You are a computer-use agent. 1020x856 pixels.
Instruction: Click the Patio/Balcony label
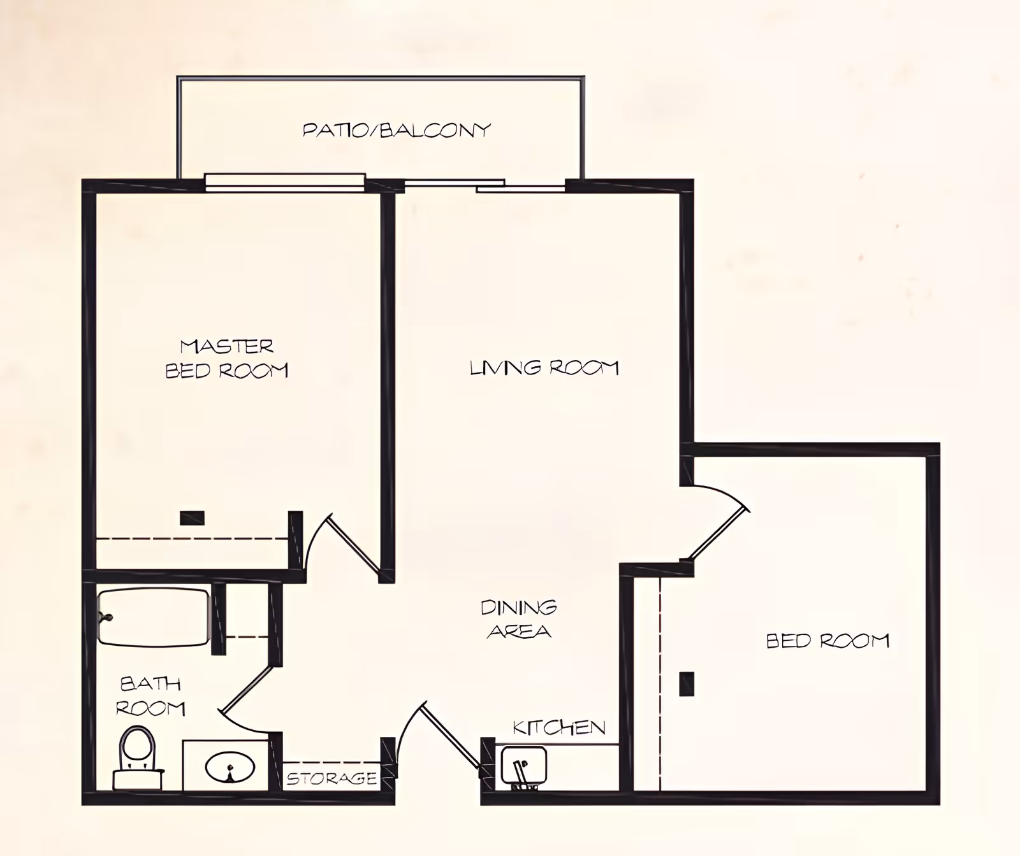coord(397,130)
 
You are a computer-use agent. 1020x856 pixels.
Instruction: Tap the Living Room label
coord(544,367)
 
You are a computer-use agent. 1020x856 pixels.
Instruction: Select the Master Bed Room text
coord(227,359)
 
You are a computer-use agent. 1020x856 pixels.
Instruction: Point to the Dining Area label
coord(519,618)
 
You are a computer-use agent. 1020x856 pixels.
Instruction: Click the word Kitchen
coord(559,727)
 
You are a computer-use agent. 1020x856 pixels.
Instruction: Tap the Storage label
coord(331,778)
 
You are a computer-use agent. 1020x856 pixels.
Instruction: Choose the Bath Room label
coord(151,696)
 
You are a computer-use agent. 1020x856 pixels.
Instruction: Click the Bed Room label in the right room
coord(827,640)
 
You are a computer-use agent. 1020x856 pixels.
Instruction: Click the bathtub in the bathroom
coord(154,617)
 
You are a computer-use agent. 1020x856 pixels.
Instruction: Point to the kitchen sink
coord(523,767)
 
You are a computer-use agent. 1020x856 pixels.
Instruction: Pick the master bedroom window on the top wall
coord(285,182)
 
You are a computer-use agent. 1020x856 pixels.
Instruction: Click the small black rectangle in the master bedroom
coord(192,518)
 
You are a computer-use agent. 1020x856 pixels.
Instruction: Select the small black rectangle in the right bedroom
coord(687,684)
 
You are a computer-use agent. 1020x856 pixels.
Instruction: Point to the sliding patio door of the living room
coord(484,185)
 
